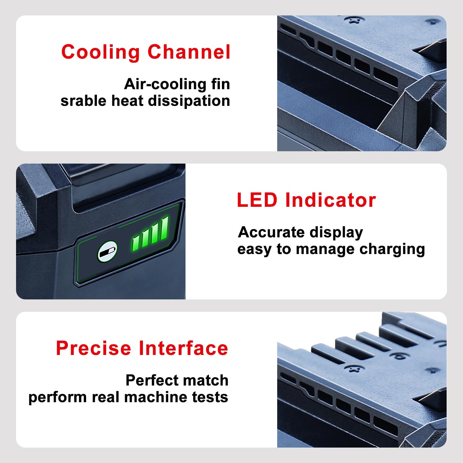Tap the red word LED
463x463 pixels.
[257, 200]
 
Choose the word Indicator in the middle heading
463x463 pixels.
[331, 200]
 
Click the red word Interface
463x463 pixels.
[183, 348]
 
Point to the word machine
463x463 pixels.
[156, 397]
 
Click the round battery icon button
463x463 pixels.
[107, 251]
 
